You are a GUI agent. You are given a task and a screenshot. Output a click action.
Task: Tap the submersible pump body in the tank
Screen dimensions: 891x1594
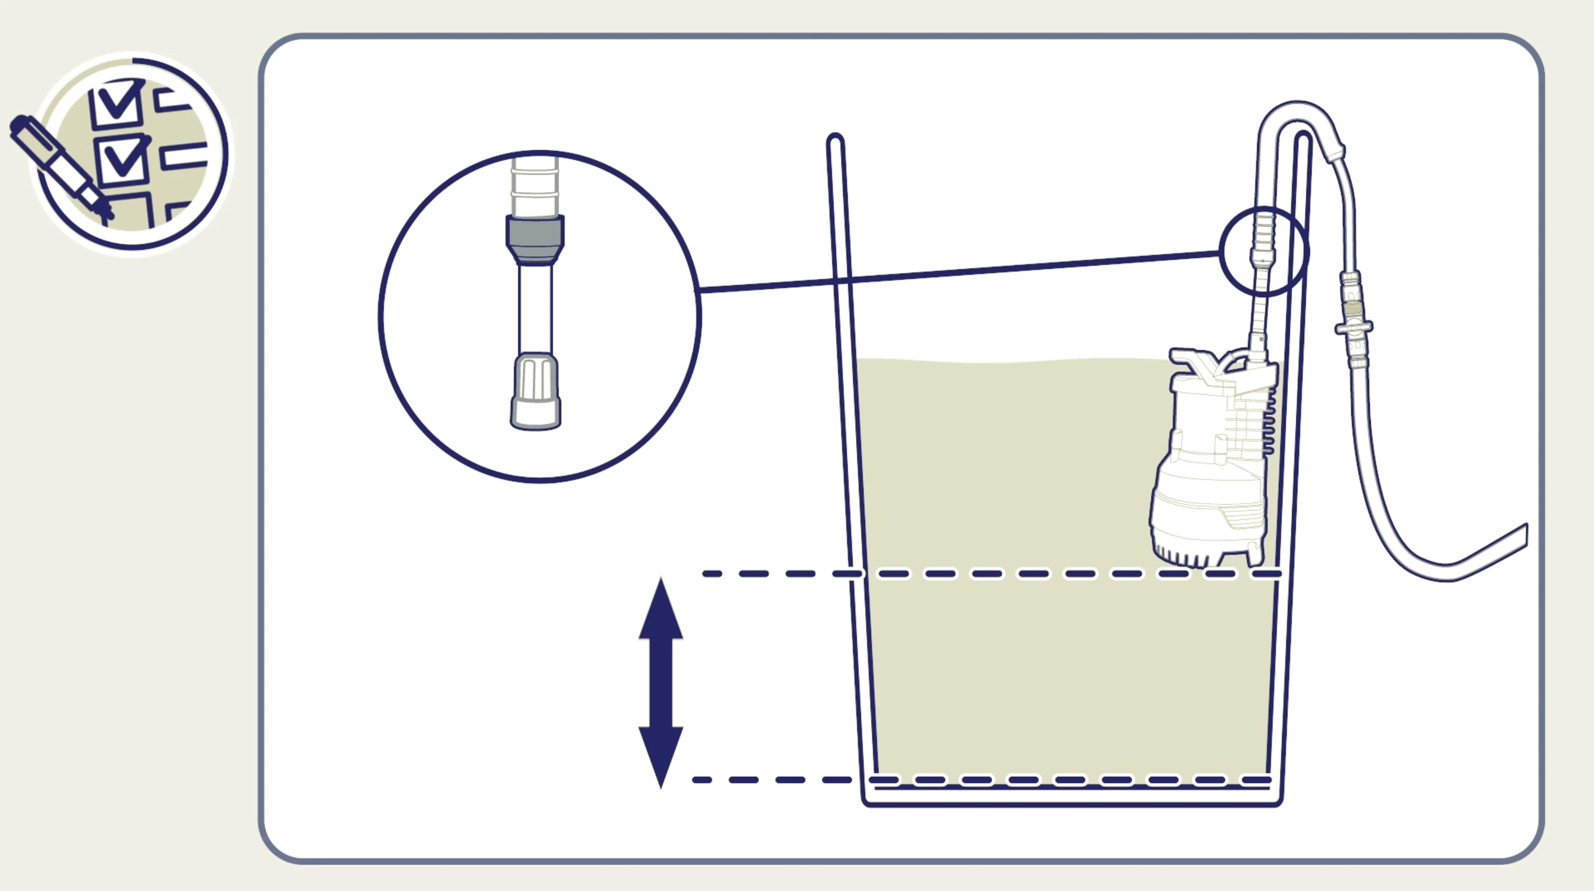pos(1207,470)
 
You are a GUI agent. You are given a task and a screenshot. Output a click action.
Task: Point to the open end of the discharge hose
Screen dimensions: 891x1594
pos(1524,535)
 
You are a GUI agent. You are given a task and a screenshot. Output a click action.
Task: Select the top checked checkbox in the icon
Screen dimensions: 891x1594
pos(116,104)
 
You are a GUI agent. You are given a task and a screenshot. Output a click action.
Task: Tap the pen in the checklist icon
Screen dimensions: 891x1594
pos(59,164)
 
